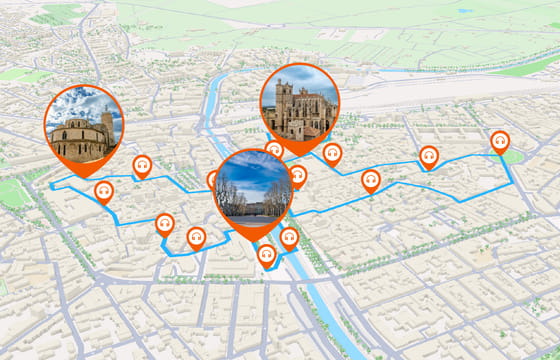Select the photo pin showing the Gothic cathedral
pyautogui.click(x=299, y=102)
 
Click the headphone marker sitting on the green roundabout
pyautogui.click(x=500, y=141)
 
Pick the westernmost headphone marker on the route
pyautogui.click(x=103, y=190)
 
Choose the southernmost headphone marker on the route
pyautogui.click(x=267, y=255)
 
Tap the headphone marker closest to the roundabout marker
pyautogui.click(x=429, y=155)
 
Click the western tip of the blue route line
pyautogui.click(x=52, y=184)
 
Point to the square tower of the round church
pyautogui.click(x=106, y=123)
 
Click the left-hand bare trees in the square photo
pyautogui.click(x=229, y=196)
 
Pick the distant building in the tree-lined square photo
pyautogui.click(x=255, y=207)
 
